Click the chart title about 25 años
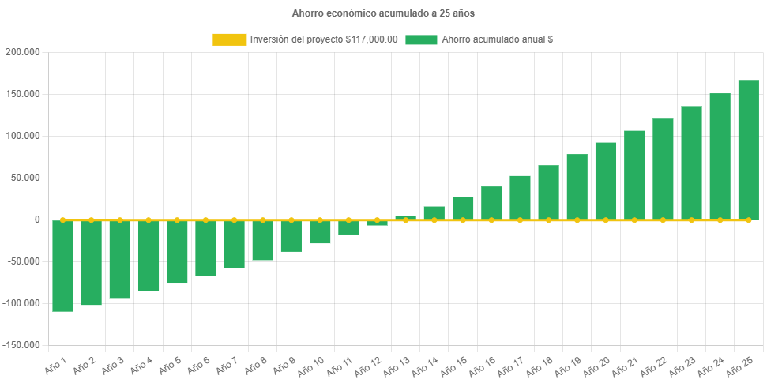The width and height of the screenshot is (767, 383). [x=383, y=13]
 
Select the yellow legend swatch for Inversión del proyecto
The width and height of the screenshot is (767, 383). [x=229, y=39]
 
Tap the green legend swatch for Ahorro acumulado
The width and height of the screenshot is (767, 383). [x=421, y=39]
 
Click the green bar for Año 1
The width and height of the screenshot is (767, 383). [x=62, y=265]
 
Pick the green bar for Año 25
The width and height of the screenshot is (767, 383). [x=748, y=149]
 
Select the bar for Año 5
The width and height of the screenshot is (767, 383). [x=177, y=252]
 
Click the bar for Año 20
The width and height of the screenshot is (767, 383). [x=605, y=181]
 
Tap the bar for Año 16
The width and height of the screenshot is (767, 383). [x=491, y=203]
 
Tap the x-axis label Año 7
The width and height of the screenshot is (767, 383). [x=227, y=366]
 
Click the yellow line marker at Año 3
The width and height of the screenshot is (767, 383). [x=120, y=220]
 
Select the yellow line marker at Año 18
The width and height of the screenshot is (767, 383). [x=548, y=220]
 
